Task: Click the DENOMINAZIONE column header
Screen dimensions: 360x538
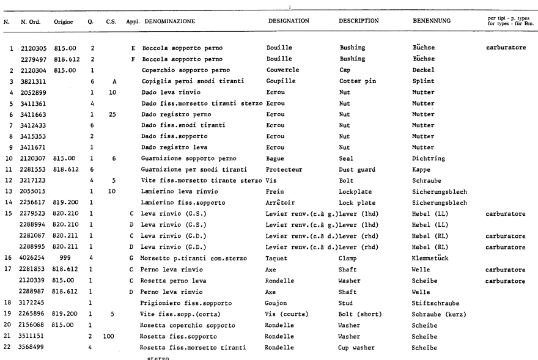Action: click(x=170, y=21)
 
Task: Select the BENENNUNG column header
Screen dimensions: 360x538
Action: click(x=432, y=21)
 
